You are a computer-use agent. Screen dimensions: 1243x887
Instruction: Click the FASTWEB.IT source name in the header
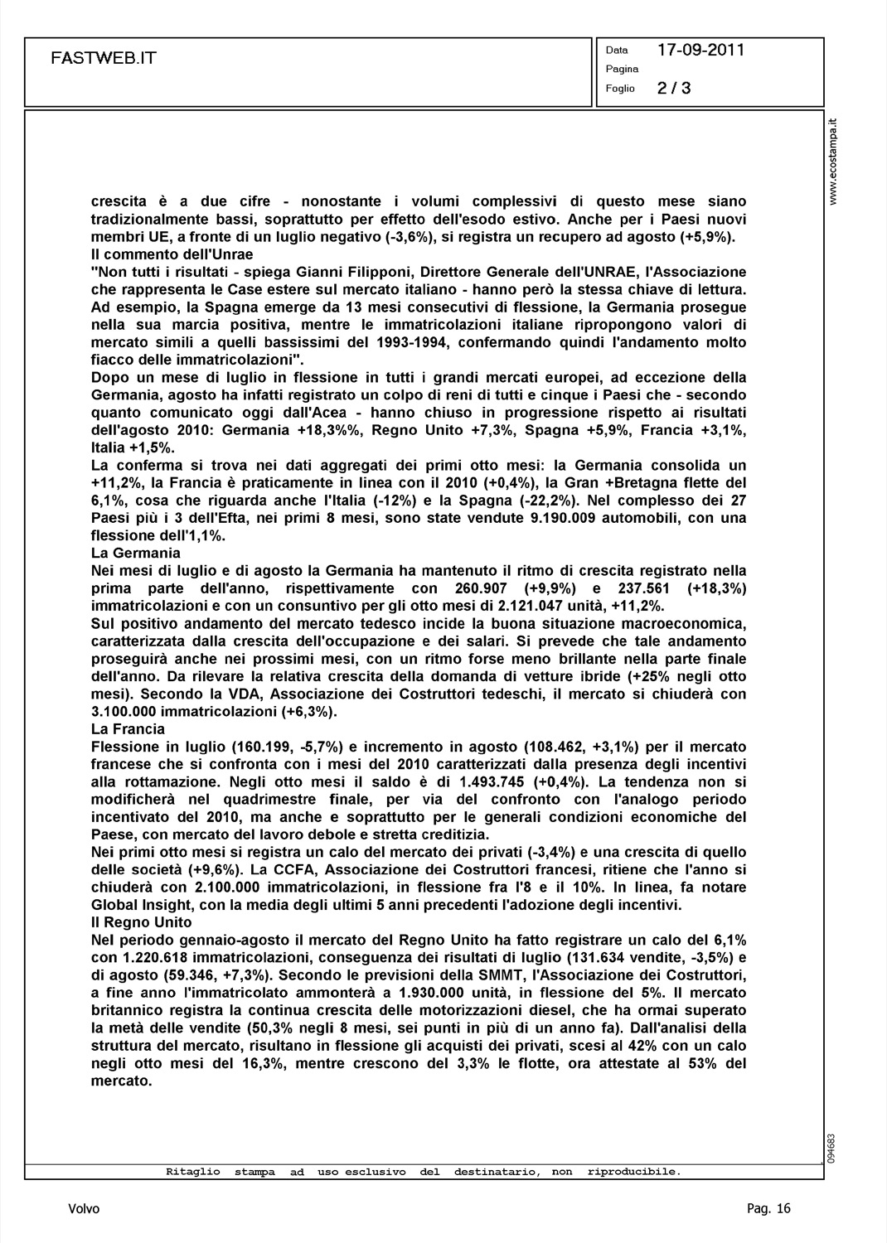(x=104, y=58)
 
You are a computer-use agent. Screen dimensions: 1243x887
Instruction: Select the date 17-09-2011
(x=700, y=50)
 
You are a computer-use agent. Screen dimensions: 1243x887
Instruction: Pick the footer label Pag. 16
(x=768, y=1209)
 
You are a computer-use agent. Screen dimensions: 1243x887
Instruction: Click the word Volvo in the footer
(x=84, y=1209)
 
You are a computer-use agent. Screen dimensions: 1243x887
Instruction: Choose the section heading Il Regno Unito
(x=141, y=922)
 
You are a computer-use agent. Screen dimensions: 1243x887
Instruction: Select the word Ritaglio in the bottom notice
(x=193, y=1172)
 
